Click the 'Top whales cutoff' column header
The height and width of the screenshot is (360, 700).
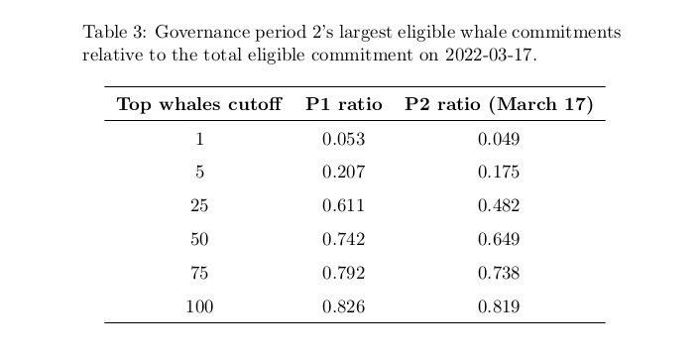click(x=199, y=104)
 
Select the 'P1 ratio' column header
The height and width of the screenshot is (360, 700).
click(x=344, y=104)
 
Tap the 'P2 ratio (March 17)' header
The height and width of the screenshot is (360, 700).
click(x=499, y=104)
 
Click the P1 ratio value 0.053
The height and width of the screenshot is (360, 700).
click(x=343, y=140)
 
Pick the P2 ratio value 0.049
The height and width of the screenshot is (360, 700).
click(x=499, y=140)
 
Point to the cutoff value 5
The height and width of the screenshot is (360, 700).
click(x=199, y=172)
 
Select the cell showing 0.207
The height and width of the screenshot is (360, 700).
click(x=343, y=172)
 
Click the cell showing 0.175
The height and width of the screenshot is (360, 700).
click(x=499, y=172)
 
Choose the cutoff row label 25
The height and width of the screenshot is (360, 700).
click(x=199, y=205)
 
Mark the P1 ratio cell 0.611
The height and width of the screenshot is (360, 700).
click(x=343, y=205)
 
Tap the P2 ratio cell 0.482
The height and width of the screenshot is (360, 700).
click(x=499, y=205)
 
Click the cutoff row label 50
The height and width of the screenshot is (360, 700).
click(x=199, y=239)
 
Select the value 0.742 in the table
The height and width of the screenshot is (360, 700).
click(x=343, y=239)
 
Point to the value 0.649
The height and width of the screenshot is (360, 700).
click(x=499, y=239)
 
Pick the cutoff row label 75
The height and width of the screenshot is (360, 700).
click(x=199, y=273)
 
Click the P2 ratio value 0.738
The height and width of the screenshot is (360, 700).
click(x=499, y=273)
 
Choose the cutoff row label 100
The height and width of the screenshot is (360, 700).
click(x=199, y=306)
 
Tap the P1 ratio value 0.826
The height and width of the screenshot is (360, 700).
click(x=343, y=306)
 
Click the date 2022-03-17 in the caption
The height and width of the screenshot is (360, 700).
click(x=488, y=55)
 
